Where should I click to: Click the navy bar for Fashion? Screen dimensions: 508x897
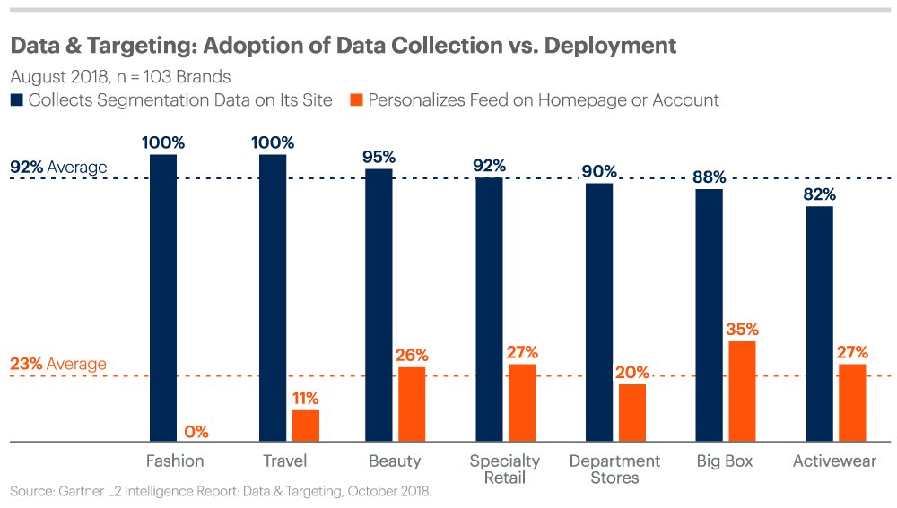163,297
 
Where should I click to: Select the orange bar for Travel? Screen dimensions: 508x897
306,426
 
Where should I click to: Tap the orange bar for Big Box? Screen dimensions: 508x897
743,392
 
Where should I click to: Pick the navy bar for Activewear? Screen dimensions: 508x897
819,323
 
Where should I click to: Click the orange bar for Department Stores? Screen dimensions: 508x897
632,412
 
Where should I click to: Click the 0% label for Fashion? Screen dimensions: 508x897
196,432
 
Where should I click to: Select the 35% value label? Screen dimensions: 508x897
743,329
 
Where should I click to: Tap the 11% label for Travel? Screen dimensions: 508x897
306,399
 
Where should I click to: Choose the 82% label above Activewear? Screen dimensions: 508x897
819,194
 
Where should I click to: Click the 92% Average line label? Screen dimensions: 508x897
58,168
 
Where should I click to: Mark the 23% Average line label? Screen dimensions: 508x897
58,365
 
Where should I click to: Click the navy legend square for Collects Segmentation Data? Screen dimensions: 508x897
16,100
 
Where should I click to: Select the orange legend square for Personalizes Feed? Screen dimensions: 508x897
351,100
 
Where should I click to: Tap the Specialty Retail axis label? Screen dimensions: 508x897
505,469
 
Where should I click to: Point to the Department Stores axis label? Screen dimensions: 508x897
615,469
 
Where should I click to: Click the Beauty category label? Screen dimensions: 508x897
395,461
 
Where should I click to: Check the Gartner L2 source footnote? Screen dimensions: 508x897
221,492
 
